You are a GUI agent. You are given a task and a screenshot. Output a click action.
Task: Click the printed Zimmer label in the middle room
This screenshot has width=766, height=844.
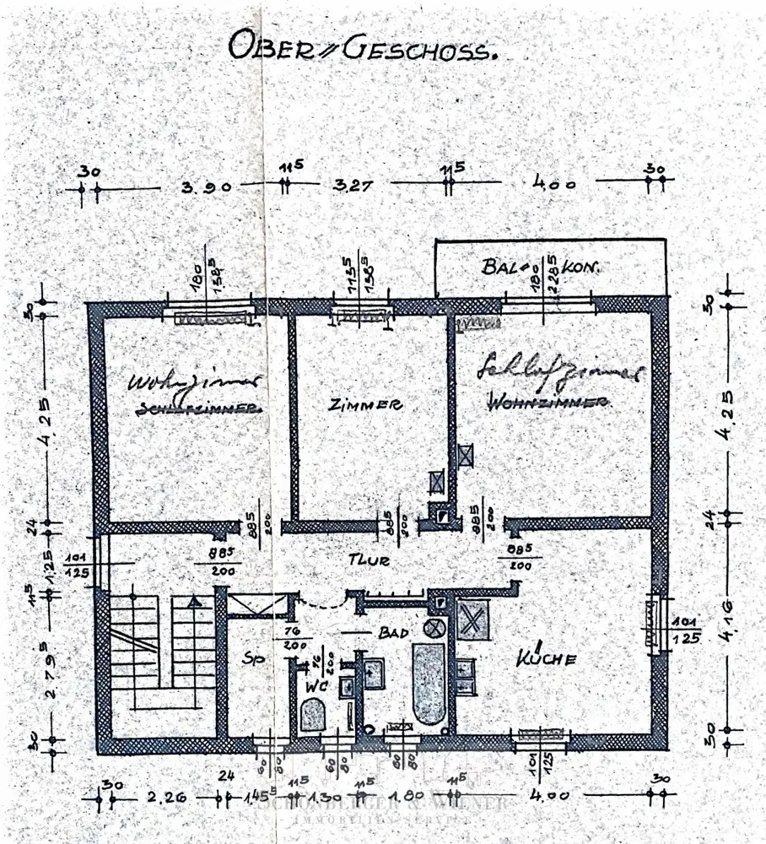click(365, 404)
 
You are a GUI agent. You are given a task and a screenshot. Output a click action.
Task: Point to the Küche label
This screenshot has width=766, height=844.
click(548, 658)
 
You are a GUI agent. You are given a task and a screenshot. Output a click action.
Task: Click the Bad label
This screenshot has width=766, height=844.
click(392, 632)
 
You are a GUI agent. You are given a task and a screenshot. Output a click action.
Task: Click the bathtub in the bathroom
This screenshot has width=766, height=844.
click(429, 684)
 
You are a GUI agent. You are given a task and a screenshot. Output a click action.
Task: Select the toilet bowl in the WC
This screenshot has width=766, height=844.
click(313, 717)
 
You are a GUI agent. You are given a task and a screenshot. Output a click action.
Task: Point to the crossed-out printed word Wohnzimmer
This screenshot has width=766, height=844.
click(549, 404)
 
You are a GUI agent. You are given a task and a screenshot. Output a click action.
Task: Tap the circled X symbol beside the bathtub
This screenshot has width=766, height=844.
click(434, 627)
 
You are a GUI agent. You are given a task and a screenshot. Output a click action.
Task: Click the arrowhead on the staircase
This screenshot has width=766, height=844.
click(195, 602)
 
